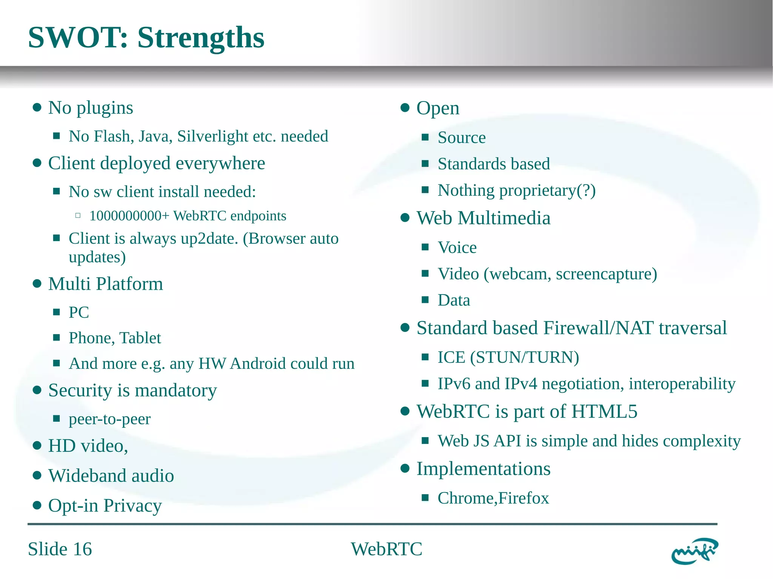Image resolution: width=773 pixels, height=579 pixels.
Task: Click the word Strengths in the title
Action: (x=200, y=38)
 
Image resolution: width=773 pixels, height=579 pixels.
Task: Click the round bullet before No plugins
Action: (x=37, y=108)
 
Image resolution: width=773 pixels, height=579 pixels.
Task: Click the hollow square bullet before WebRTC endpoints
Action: (x=78, y=216)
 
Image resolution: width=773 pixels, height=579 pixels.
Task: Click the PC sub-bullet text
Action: (x=79, y=312)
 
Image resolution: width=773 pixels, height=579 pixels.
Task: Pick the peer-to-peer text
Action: (x=109, y=419)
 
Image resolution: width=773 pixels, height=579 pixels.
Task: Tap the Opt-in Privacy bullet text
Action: (x=105, y=505)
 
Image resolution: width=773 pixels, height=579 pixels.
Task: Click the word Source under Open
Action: (x=461, y=138)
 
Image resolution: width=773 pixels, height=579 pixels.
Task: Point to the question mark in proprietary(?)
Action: (x=586, y=190)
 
